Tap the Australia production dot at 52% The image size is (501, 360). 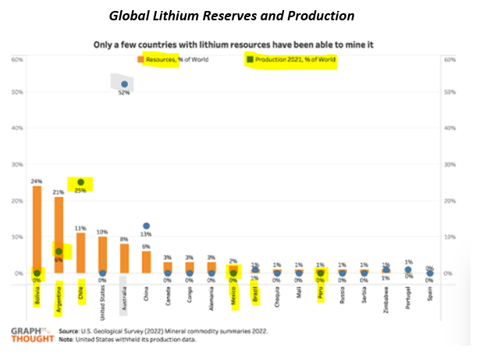pyautogui.click(x=124, y=84)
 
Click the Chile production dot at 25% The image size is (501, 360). pyautogui.click(x=80, y=182)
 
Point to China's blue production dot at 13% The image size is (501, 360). pyautogui.click(x=146, y=226)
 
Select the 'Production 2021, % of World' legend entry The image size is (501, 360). pyautogui.click(x=290, y=59)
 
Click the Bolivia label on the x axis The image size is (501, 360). pyautogui.click(x=37, y=296)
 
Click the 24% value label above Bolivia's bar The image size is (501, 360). pyautogui.click(x=37, y=180)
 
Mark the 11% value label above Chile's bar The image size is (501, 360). pyautogui.click(x=80, y=227)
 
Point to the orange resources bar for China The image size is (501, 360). pyautogui.click(x=146, y=262)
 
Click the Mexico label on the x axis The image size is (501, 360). pyautogui.click(x=233, y=296)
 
